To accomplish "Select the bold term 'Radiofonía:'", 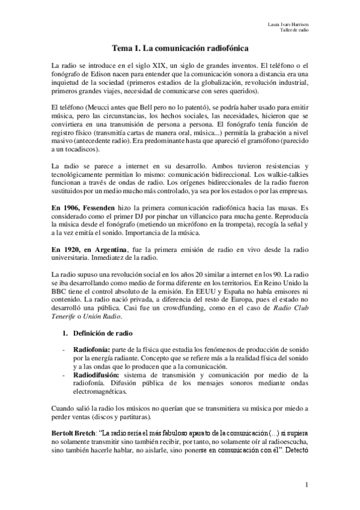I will point(91,349).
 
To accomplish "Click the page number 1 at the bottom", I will point(306,485).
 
